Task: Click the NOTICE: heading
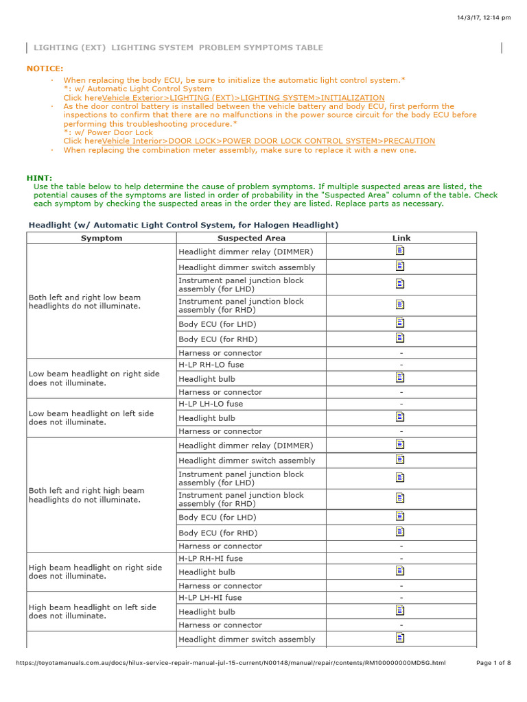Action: pos(45,69)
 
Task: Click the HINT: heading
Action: pos(39,178)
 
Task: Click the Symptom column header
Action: pos(102,238)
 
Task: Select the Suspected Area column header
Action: pos(250,238)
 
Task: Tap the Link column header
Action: pos(401,238)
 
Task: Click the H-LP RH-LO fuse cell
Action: pos(211,365)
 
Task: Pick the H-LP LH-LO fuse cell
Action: pos(211,404)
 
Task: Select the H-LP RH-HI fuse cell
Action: pos(211,558)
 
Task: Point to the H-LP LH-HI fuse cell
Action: pos(210,597)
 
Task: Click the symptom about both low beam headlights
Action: pos(84,302)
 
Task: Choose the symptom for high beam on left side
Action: pos(92,612)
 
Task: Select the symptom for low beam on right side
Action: pos(93,378)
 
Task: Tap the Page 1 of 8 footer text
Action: pos(493,663)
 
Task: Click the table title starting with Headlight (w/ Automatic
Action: pos(183,225)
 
